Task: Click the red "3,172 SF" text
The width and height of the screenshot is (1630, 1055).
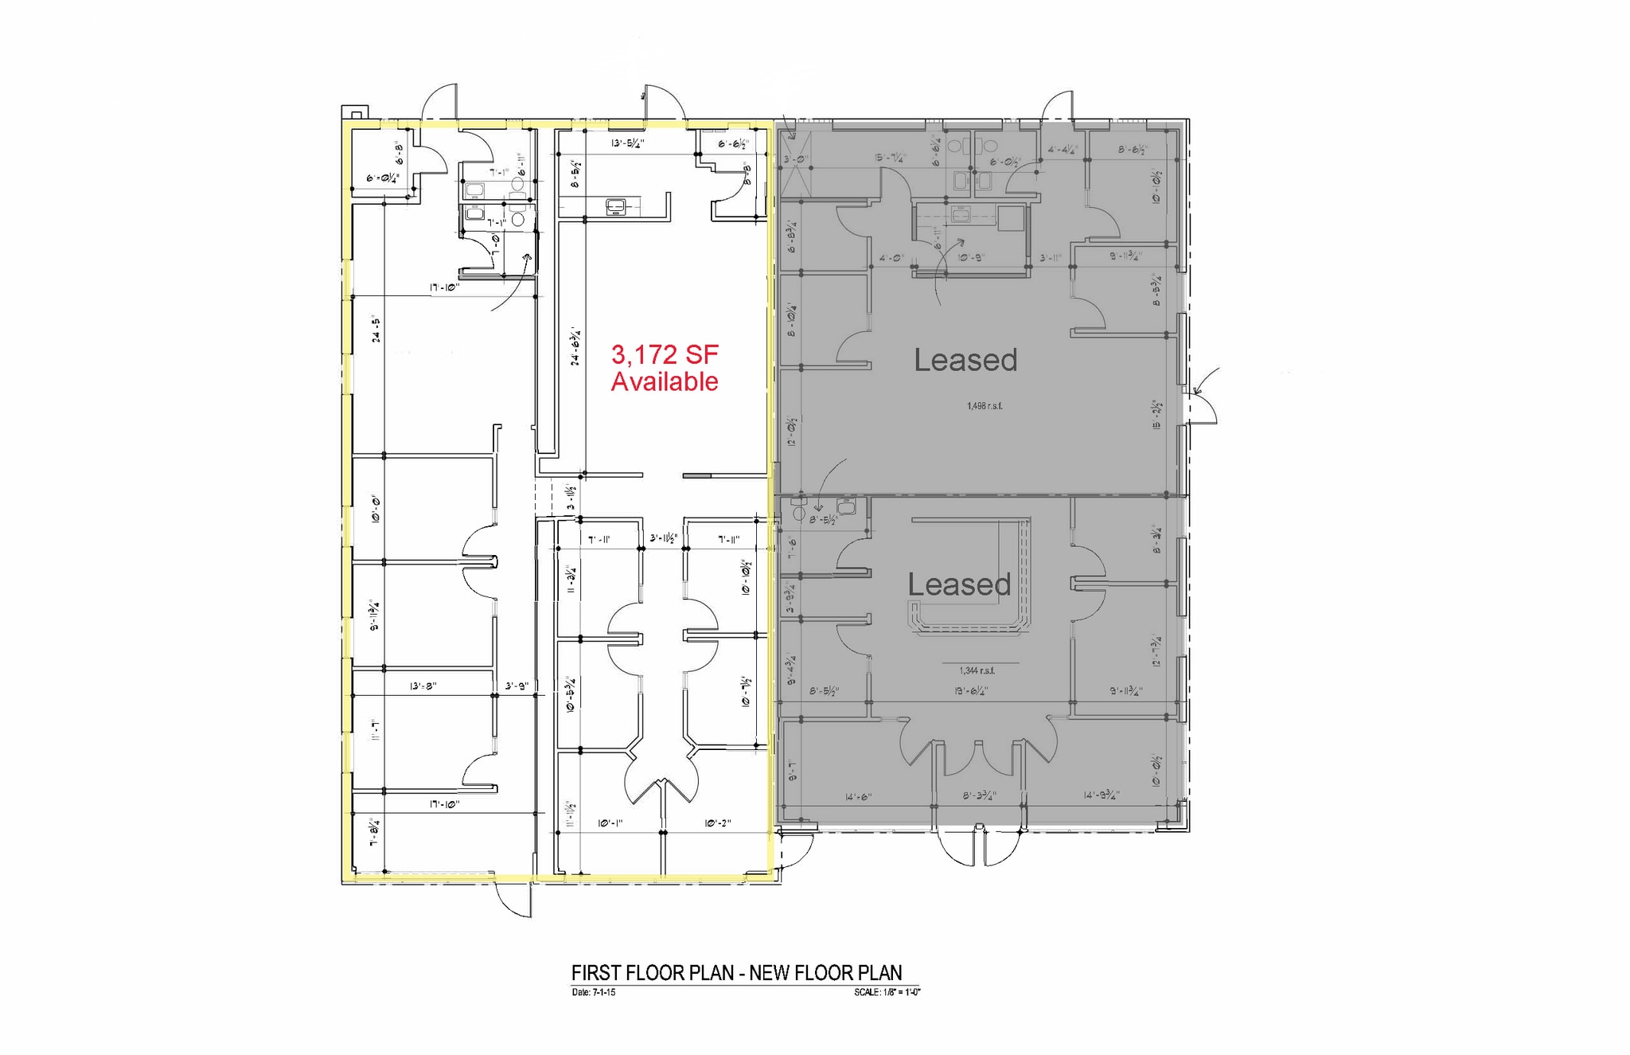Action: (x=665, y=354)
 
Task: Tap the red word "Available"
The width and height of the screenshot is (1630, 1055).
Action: (x=665, y=381)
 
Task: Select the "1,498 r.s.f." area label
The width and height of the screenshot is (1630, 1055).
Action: (x=985, y=406)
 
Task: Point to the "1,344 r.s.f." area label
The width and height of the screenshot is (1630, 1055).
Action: (x=977, y=670)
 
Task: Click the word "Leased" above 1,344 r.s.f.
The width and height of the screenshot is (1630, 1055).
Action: (x=959, y=584)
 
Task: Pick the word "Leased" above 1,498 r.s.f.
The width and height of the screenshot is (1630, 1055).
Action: (x=965, y=360)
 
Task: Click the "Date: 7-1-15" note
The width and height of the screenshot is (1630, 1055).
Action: (x=593, y=992)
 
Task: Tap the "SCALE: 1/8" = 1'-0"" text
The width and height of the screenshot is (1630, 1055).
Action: (x=887, y=992)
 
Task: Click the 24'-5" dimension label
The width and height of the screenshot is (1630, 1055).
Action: (x=376, y=330)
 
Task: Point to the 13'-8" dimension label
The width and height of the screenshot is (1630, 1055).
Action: (x=423, y=686)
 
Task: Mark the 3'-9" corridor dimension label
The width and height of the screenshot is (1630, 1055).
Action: (x=517, y=686)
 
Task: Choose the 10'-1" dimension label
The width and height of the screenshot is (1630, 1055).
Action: (x=610, y=823)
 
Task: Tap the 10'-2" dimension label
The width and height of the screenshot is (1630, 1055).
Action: (x=717, y=823)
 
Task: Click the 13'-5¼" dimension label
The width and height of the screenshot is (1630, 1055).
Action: (x=627, y=143)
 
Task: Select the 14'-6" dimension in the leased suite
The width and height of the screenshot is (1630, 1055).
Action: (x=859, y=797)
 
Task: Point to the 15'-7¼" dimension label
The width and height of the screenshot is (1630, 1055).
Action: (x=888, y=158)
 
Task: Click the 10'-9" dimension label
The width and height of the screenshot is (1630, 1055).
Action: (x=971, y=258)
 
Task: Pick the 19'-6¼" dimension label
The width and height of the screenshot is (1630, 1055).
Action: (x=971, y=691)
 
